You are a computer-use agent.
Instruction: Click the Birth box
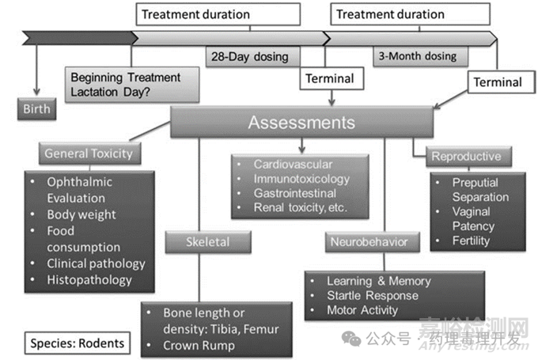pos(36,108)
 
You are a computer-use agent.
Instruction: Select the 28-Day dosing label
pos(248,57)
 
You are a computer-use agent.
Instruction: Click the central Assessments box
pos(301,123)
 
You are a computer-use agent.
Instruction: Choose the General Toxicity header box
pos(89,153)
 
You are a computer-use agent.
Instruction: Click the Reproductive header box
pos(466,156)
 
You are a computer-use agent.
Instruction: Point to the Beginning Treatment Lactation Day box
pos(125,85)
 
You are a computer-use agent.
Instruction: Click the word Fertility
pos(471,241)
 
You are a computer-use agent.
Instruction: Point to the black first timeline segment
pos(79,36)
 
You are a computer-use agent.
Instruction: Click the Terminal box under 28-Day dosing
pos(329,78)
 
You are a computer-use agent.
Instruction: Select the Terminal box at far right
pos(498,81)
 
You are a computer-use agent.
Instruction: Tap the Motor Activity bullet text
pos(363,310)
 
